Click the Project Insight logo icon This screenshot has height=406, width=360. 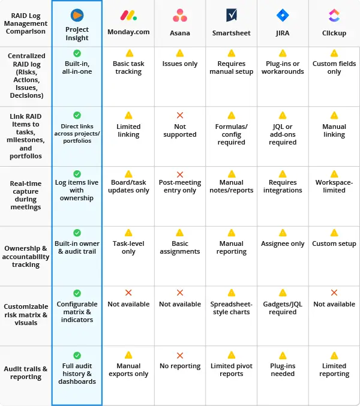[77, 15]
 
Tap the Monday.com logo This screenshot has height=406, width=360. [128, 16]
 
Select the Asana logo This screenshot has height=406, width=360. [180, 16]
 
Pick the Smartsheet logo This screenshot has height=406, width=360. [232, 16]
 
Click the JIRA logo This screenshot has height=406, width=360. [283, 16]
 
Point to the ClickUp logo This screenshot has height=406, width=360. [334, 16]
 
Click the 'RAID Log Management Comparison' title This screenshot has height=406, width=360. [26, 23]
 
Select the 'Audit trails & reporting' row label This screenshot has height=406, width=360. [26, 373]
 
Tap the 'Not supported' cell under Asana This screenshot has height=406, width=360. [180, 131]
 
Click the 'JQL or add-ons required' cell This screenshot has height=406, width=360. [283, 134]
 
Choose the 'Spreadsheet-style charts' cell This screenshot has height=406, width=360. [232, 308]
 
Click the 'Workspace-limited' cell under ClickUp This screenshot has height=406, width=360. [334, 187]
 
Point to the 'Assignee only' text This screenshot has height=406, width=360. [283, 244]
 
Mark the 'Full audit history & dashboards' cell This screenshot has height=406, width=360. [77, 374]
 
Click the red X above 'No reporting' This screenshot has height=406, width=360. [180, 355]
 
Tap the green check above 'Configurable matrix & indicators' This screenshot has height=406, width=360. [77, 293]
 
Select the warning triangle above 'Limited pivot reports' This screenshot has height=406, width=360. [232, 355]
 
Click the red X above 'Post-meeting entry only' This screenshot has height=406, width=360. [180, 174]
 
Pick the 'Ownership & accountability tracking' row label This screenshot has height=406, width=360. [26, 256]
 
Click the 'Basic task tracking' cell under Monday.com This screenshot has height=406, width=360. [128, 68]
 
